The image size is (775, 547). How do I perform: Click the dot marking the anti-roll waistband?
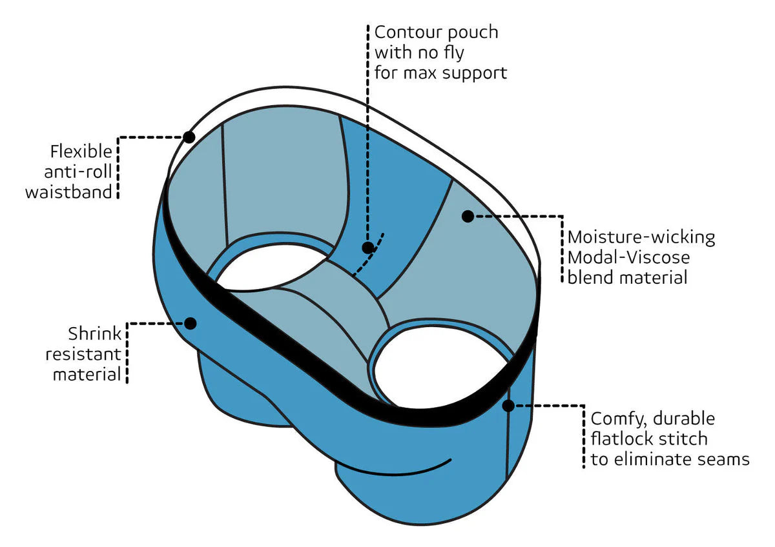point(189,137)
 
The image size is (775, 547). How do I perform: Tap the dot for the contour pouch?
point(367,248)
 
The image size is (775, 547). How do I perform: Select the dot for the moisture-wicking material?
point(468,216)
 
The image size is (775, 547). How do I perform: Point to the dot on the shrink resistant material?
point(190,323)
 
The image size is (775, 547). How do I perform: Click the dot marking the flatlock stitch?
point(508,406)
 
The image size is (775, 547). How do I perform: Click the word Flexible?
point(81,152)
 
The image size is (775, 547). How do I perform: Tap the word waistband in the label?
point(69,192)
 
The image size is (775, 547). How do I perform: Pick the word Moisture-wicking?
point(641,237)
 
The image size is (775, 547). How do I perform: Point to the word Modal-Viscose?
point(628,257)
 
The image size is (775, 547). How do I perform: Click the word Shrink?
point(94,334)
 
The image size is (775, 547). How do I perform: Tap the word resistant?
point(87,354)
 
